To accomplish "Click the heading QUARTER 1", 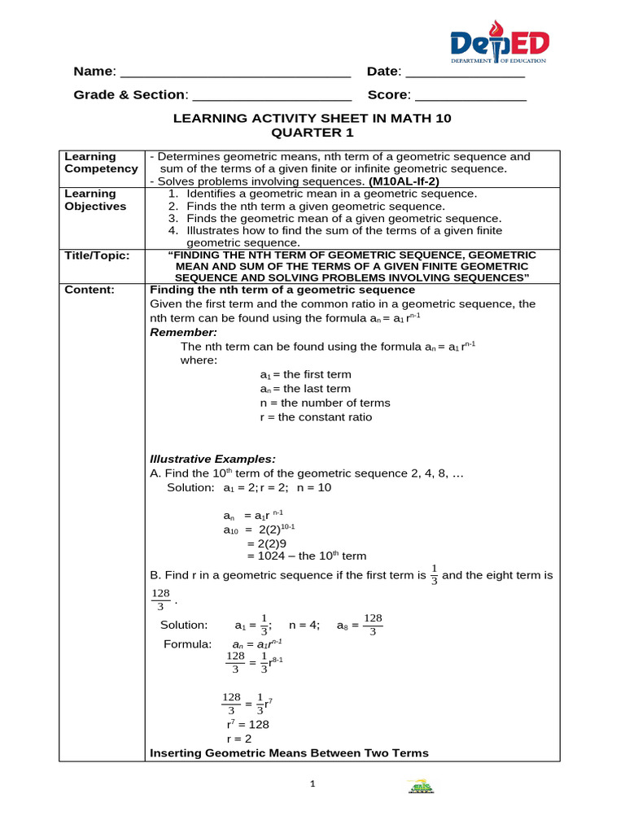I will [312, 133].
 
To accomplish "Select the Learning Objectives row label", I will [96, 200].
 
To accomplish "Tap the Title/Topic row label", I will [97, 255].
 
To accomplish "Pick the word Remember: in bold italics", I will [184, 333].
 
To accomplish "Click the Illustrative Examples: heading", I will [213, 459].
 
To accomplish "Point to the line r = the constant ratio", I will [316, 417].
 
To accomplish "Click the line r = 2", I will [239, 739].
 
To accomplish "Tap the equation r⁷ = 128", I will [248, 724].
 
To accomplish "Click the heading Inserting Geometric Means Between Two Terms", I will [289, 753].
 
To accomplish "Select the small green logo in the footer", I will [421, 787].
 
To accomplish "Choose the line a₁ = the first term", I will [305, 375].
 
